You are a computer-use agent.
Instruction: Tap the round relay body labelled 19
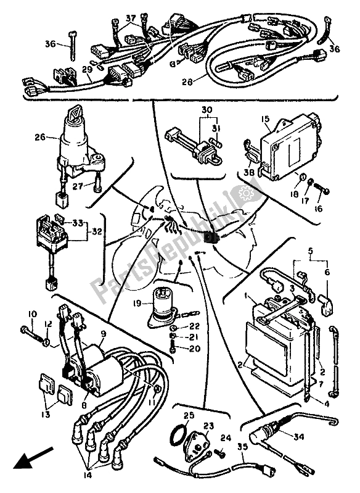tap(168, 304)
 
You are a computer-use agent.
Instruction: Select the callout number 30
tap(190, 110)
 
